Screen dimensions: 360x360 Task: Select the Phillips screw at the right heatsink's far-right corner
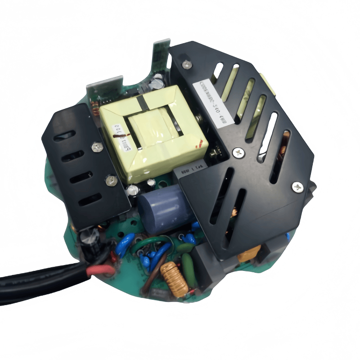tap(297, 186)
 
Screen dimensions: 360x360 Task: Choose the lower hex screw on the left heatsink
tap(108, 181)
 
